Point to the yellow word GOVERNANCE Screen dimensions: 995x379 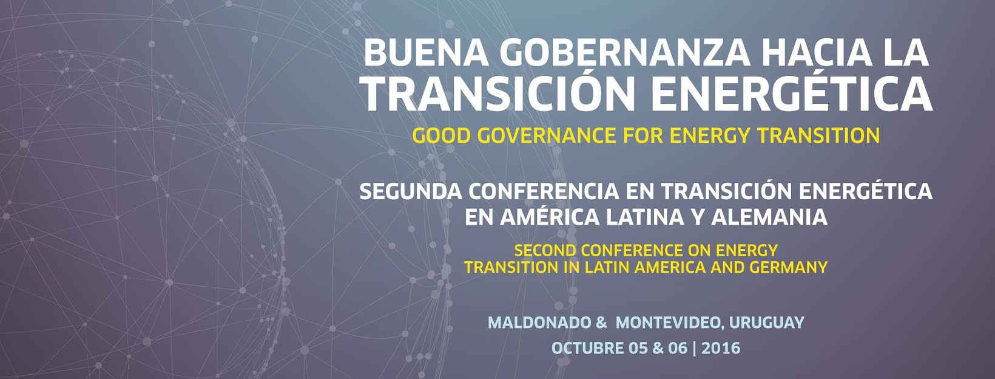click(x=547, y=135)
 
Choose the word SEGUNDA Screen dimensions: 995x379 click(x=410, y=192)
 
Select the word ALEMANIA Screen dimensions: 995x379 click(x=769, y=217)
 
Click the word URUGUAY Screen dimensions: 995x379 click(x=767, y=323)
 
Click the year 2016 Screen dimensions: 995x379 click(x=721, y=348)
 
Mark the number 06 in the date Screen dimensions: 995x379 click(x=678, y=348)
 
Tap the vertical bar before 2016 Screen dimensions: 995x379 click(x=694, y=348)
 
